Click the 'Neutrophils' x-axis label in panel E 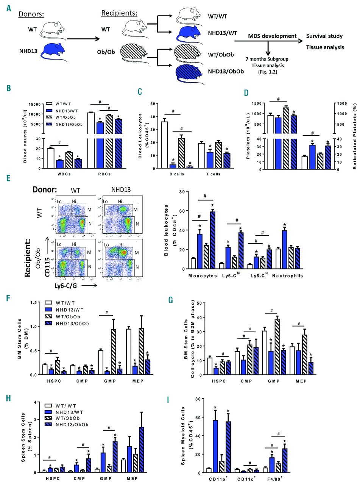click(288, 275)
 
